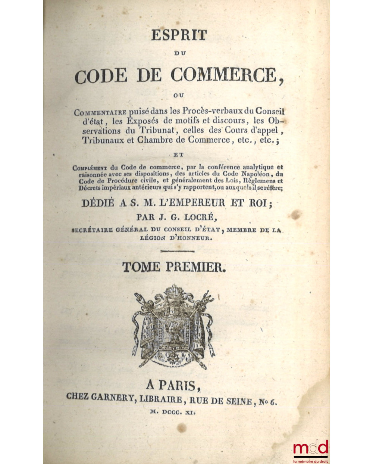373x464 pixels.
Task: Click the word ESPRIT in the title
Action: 179,35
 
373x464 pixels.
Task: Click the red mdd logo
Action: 311,448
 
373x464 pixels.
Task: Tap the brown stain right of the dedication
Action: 297,215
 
